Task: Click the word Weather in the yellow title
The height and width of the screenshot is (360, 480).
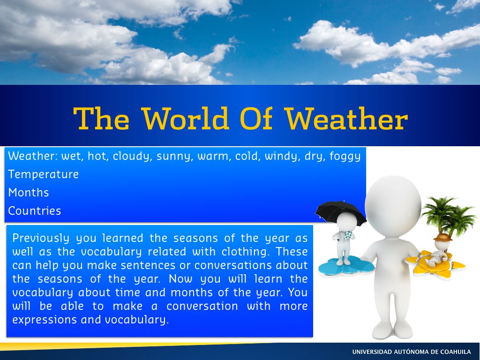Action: coord(346,119)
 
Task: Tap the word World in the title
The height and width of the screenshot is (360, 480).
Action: coord(186,119)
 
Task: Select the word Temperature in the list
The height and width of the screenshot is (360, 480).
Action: coord(44,174)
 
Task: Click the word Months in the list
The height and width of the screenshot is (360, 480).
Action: coord(29,193)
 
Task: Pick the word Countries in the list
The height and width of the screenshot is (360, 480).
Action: coord(35,210)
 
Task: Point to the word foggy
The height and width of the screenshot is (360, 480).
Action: coord(345,157)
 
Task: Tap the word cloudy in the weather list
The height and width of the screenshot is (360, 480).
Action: coord(131,157)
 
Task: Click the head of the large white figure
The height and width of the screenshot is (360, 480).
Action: coord(393,206)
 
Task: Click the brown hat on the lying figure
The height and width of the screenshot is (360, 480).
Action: coord(442,237)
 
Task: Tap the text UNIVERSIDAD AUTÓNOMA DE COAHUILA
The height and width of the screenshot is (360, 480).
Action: coord(412,352)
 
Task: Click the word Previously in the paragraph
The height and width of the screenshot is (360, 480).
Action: coord(41,239)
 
